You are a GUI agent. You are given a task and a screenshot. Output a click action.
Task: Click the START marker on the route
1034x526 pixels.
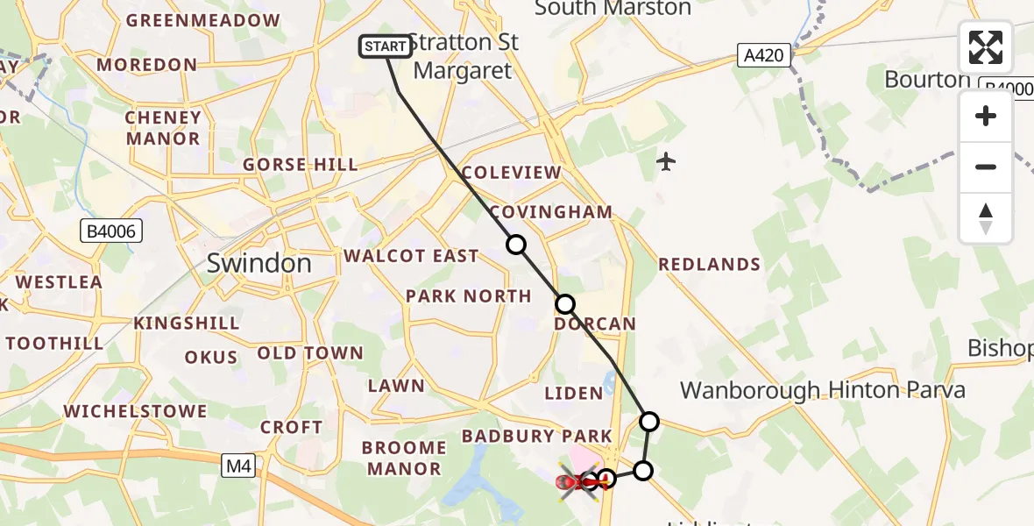[386, 46]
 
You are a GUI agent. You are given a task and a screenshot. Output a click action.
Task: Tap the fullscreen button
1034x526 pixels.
[986, 47]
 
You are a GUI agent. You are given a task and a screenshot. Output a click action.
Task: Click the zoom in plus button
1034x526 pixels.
[986, 116]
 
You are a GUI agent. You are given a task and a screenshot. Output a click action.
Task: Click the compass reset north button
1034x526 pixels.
[986, 218]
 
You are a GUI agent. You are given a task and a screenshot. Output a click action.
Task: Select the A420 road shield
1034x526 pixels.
[764, 56]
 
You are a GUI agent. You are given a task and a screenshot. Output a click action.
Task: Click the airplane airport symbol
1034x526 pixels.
[666, 161]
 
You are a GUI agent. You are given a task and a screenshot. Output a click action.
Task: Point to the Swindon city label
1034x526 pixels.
[258, 263]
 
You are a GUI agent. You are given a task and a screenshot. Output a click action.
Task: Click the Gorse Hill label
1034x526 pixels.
[301, 165]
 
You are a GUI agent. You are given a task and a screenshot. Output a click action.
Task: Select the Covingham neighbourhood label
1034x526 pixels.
[550, 212]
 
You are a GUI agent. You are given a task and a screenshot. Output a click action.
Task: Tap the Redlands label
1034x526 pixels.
[709, 265]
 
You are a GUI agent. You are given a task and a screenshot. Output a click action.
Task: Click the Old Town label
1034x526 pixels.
[310, 353]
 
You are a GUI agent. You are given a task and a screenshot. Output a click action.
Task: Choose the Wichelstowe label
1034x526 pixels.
[135, 411]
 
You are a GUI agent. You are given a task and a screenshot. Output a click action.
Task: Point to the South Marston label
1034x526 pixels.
[613, 9]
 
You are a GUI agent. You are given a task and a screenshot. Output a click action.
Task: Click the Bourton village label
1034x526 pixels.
[926, 80]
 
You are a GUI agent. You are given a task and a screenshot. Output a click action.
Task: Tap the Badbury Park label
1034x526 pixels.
[537, 436]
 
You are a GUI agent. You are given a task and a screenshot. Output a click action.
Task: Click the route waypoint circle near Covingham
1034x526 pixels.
[517, 245]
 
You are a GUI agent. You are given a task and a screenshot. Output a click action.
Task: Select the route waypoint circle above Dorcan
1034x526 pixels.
[565, 304]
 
